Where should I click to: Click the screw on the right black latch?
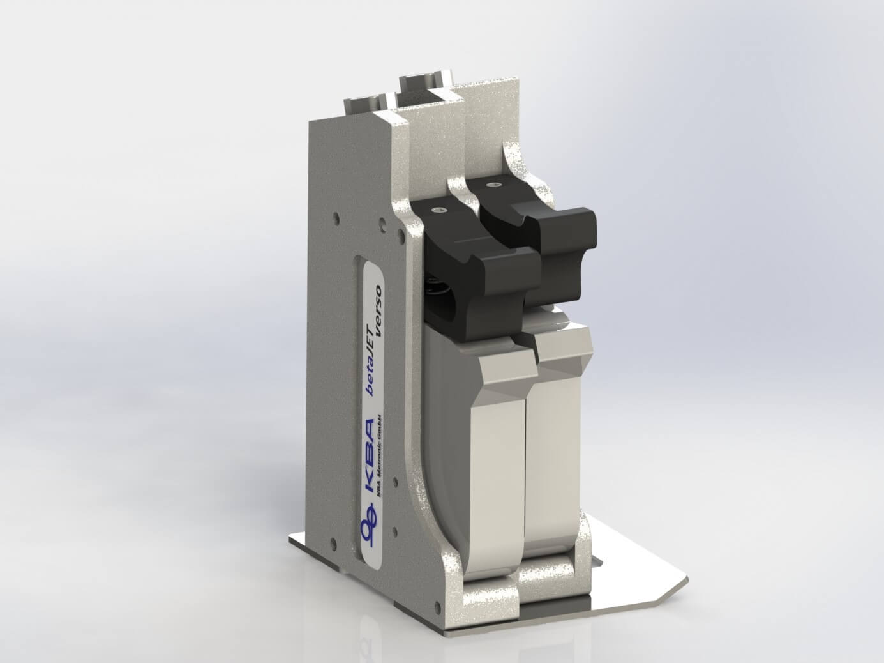click(490, 185)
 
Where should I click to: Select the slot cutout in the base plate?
click(597, 562)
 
